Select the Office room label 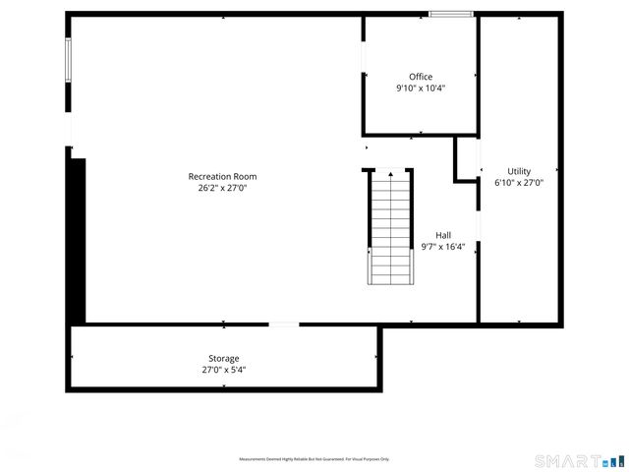421,77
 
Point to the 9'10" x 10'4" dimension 421,88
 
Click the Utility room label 519,171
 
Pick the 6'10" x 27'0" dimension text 519,183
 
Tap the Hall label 443,235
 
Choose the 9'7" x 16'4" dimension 443,247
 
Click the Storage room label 223,359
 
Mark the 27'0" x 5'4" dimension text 223,371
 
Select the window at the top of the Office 451,14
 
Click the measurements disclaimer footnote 314,459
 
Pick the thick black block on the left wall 76,241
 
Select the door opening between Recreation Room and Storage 284,324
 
